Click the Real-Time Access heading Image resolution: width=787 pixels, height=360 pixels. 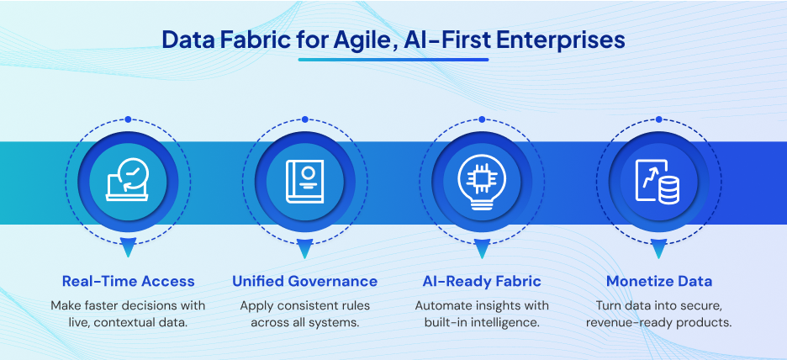(129, 281)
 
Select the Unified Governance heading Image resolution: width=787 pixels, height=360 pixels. (305, 281)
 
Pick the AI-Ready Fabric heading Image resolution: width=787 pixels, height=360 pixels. (482, 281)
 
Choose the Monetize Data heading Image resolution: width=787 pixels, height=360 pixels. (659, 281)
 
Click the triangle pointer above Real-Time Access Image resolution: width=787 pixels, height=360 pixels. (128, 248)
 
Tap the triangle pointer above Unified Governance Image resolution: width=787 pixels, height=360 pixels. (304, 248)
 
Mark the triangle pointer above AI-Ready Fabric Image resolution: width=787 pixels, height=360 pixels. (482, 248)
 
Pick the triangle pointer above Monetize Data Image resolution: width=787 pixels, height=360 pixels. (658, 248)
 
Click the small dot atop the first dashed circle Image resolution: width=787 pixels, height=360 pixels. (128, 119)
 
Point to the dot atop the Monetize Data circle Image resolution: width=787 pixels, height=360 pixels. (658, 119)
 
